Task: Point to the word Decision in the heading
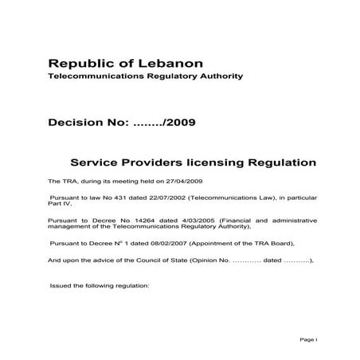[78, 123]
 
